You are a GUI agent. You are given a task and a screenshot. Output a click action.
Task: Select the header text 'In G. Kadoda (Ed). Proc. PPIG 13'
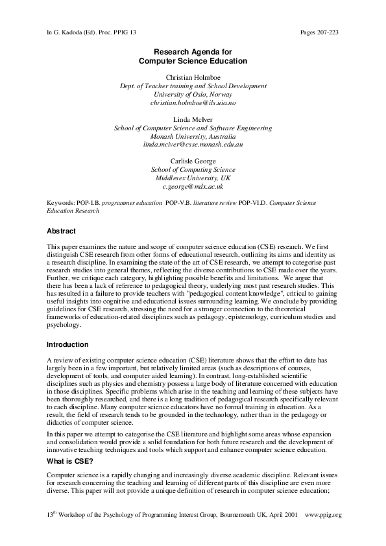click(91, 32)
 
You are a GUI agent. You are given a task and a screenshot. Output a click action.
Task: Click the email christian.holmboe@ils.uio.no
click(193, 102)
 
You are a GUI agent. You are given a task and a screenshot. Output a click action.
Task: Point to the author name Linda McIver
click(193, 119)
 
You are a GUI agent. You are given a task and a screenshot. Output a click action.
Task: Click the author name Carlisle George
click(193, 161)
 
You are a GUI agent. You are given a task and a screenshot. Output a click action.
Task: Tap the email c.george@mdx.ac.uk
click(193, 186)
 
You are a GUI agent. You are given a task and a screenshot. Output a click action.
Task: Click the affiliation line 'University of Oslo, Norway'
click(193, 94)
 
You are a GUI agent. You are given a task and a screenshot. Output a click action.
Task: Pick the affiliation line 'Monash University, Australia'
click(193, 136)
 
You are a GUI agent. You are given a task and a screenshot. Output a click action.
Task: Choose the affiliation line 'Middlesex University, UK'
click(193, 178)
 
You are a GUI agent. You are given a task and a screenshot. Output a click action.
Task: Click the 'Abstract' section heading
click(62, 231)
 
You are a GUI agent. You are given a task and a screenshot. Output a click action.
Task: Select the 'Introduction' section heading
click(67, 344)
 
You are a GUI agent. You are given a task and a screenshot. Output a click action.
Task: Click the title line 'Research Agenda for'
click(193, 51)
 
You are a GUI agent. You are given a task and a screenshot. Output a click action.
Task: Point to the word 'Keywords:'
click(61, 203)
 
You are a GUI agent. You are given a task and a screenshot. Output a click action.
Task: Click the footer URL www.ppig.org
click(322, 515)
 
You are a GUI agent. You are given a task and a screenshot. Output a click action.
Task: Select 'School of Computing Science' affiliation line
click(193, 169)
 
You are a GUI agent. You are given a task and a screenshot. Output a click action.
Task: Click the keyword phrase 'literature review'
click(215, 203)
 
